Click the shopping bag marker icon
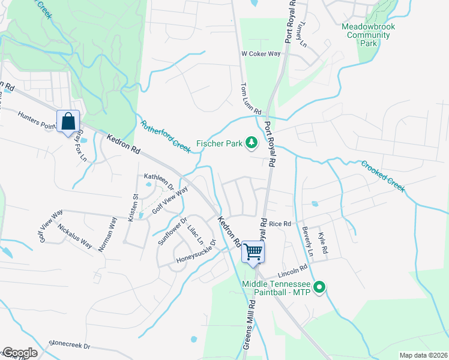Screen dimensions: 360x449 68,121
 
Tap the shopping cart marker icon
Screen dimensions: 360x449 253,251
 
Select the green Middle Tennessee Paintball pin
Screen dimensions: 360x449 319,289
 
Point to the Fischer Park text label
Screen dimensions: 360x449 219,144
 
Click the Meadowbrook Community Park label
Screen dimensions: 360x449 366,35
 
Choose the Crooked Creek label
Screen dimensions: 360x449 383,176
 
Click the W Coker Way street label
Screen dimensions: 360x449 261,53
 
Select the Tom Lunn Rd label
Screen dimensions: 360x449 252,99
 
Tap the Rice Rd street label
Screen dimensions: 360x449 280,224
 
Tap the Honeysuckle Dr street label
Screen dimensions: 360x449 196,255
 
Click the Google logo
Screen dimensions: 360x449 19,353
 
